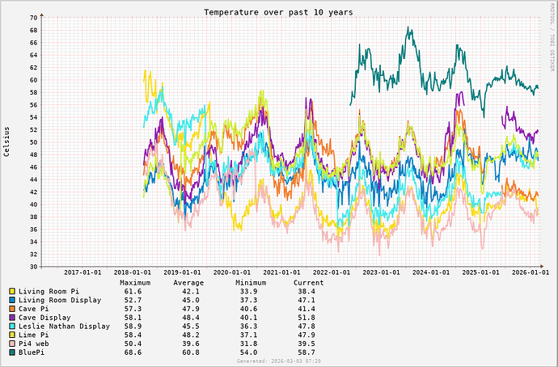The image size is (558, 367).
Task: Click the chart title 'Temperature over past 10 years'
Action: [278, 12]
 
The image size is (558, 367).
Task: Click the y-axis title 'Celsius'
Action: [6, 141]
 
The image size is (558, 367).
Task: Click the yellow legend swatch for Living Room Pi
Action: [12, 291]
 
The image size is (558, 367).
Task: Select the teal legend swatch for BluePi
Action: [12, 353]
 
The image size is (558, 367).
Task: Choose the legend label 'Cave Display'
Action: [50, 318]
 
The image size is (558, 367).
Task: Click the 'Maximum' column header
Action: [135, 283]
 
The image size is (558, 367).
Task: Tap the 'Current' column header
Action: [308, 283]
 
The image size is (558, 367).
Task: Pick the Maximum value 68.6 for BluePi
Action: [133, 353]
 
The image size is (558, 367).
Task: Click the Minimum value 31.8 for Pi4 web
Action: [248, 344]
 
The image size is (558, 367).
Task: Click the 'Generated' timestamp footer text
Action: [278, 362]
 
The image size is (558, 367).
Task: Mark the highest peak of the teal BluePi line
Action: [409, 27]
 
